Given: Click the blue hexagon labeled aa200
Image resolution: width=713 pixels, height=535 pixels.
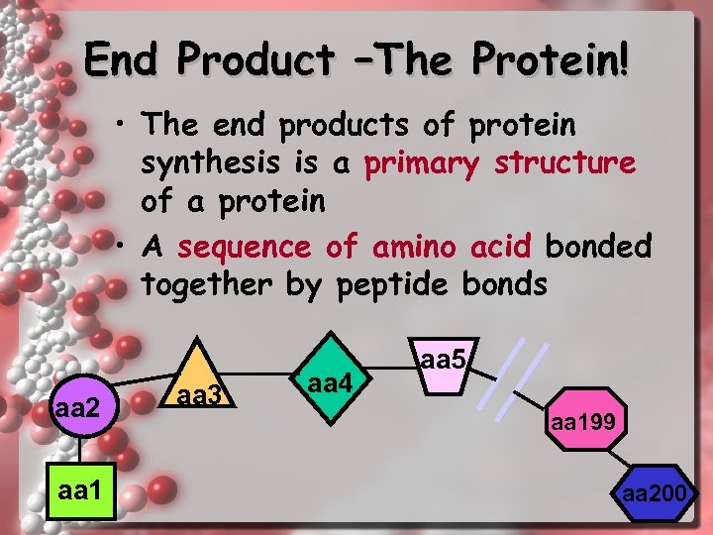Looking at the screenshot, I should [655, 492].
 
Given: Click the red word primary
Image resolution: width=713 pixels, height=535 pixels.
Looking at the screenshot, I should [423, 162].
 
